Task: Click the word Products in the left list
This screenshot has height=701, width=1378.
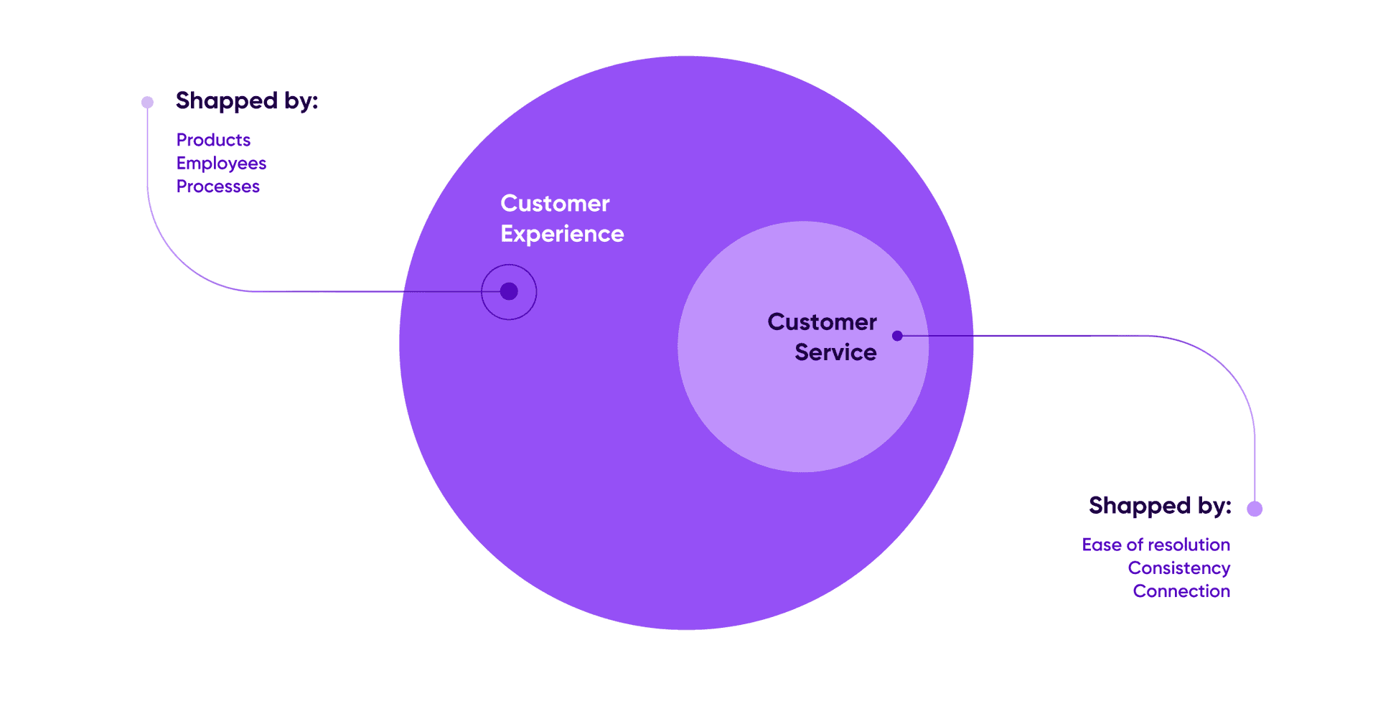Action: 213,140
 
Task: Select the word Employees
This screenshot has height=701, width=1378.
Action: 221,164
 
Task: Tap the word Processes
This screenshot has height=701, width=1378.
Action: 217,187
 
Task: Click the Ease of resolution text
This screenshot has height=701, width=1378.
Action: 1156,545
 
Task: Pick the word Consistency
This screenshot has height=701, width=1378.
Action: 1178,568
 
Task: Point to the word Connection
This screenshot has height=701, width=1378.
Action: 1181,591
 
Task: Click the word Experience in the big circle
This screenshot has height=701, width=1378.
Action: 562,234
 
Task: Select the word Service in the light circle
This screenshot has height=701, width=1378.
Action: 835,352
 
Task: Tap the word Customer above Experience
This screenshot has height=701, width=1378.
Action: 555,204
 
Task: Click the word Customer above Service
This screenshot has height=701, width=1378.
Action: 822,322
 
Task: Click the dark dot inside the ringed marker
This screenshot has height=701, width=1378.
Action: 509,291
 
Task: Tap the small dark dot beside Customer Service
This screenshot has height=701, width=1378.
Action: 897,336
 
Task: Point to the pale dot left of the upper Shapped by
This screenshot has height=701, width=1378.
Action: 147,102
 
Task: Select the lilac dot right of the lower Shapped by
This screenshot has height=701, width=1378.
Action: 1255,509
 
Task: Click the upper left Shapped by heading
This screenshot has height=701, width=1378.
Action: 246,101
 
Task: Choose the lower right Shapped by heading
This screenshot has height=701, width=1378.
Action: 1160,506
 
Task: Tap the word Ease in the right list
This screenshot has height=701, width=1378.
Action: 1102,545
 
